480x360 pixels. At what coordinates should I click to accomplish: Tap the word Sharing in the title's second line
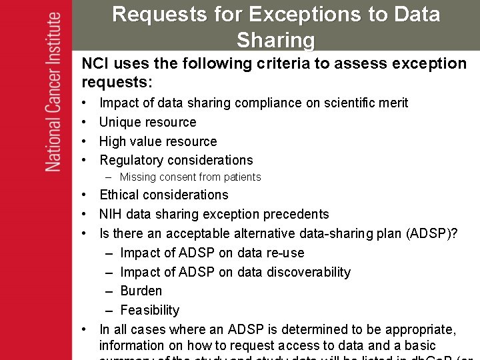coord(275,40)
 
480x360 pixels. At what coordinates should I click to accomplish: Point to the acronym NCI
coord(95,64)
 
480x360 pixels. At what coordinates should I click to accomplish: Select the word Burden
coord(141,291)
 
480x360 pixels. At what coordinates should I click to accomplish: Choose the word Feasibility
coord(150,310)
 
